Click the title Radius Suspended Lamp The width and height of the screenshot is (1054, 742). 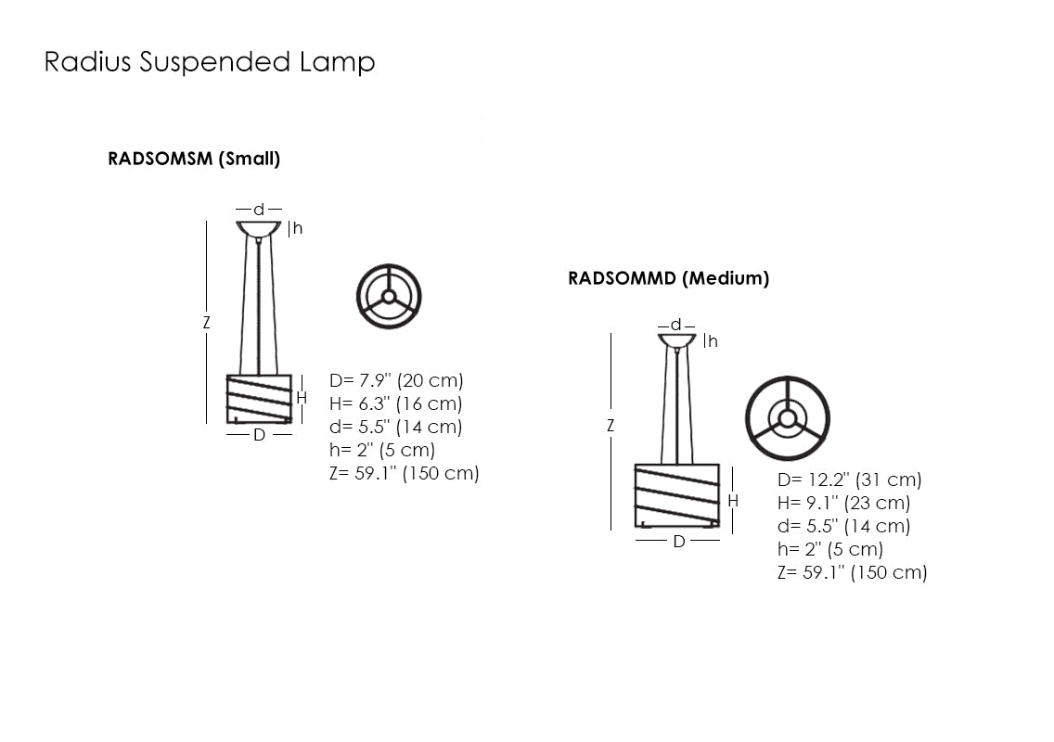pos(210,62)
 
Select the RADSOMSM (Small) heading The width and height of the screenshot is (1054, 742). pos(194,159)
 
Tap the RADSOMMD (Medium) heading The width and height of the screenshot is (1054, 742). pos(668,278)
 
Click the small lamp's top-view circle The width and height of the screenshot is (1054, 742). pos(389,297)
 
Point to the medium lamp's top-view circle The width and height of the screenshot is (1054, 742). pos(788,418)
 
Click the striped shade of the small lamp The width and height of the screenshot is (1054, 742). pos(259,399)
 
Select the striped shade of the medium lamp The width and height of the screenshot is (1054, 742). pos(677,495)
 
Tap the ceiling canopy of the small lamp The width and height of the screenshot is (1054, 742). pos(259,228)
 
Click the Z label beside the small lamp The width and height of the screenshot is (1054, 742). pos(207,324)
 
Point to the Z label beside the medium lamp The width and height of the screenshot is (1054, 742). pos(611,426)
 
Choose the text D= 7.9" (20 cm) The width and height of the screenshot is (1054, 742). pos(396,380)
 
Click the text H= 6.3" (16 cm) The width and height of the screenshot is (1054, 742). pos(396,403)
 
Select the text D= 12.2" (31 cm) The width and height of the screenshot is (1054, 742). pos(849,480)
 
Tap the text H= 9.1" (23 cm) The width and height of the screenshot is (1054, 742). pos(843,503)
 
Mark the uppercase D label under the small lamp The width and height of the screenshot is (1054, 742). pos(259,434)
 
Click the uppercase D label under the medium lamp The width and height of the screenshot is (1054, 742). pos(678,542)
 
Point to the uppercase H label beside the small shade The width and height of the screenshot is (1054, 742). pos(302,398)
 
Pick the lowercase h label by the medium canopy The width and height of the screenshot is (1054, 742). pos(713,341)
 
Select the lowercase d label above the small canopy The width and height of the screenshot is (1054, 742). pos(259,210)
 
